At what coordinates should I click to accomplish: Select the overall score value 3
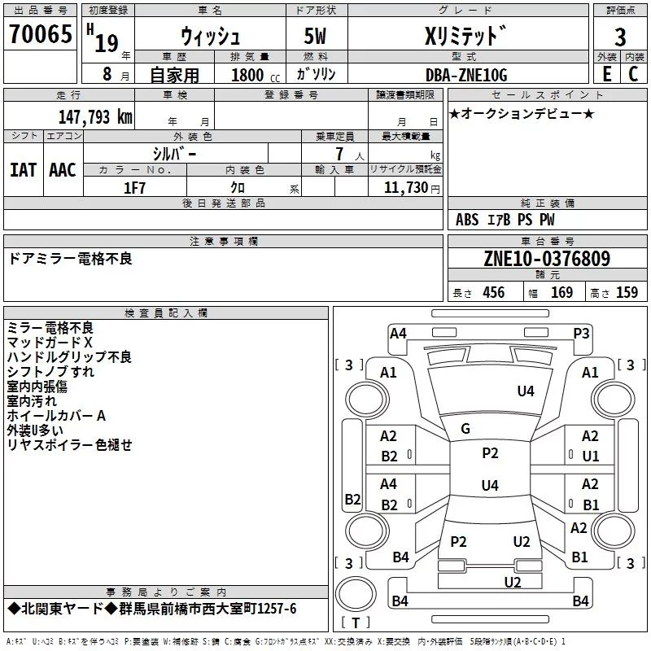[x=620, y=37]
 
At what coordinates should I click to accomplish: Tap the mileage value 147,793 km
[x=95, y=117]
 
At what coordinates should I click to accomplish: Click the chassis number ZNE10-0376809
[x=547, y=259]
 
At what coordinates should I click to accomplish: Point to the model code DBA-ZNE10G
[x=466, y=75]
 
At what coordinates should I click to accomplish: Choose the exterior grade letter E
[x=606, y=74]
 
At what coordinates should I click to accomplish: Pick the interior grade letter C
[x=633, y=74]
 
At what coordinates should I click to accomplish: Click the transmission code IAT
[x=23, y=169]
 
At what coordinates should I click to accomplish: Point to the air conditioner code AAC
[x=62, y=169]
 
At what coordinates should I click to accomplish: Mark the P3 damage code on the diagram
[x=581, y=333]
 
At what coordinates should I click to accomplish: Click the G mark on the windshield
[x=465, y=429]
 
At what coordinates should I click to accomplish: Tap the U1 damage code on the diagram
[x=590, y=457]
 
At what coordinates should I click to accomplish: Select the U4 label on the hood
[x=526, y=391]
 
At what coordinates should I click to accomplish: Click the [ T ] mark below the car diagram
[x=355, y=623]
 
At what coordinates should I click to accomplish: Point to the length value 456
[x=492, y=293]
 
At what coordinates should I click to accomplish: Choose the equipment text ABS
[x=467, y=220]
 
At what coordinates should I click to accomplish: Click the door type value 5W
[x=317, y=37]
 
